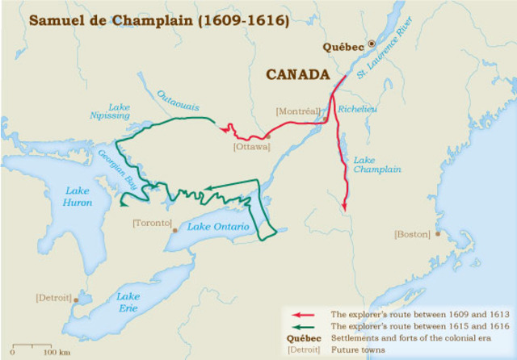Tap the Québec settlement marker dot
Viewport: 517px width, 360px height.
(x=372, y=44)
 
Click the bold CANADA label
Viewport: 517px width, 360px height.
(x=298, y=75)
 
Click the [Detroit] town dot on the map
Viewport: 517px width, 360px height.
(x=77, y=299)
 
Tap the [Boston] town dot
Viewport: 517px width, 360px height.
(x=437, y=233)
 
